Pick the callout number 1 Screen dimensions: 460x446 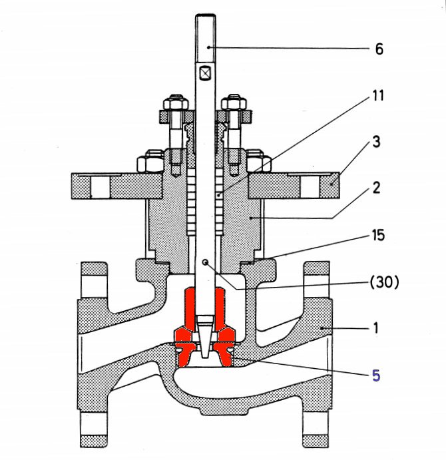point(376,328)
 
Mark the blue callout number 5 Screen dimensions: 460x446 point(376,375)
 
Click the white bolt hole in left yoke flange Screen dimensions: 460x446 point(101,187)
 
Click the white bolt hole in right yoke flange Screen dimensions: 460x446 point(309,187)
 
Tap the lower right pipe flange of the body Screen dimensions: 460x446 point(318,429)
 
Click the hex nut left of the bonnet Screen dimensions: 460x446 point(146,162)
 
